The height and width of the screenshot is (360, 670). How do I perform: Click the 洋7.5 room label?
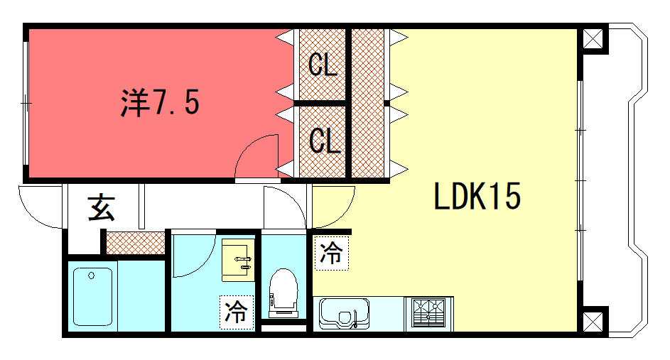tap(161, 102)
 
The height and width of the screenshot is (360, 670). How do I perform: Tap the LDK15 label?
tap(477, 196)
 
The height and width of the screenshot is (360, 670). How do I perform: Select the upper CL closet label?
tap(323, 65)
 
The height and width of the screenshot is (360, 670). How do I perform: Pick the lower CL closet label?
tap(324, 141)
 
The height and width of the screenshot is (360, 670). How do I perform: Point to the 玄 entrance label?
tap(102, 207)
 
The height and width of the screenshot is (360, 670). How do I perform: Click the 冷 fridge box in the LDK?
tap(332, 253)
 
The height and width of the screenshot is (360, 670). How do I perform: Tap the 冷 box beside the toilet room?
tap(237, 312)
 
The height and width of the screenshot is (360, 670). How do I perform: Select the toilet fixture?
tap(283, 293)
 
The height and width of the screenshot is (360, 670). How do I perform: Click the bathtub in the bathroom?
tap(92, 296)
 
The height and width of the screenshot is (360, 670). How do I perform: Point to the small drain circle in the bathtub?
tap(91, 276)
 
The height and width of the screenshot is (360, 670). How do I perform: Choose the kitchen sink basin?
tap(345, 314)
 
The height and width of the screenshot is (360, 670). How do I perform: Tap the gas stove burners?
tap(428, 313)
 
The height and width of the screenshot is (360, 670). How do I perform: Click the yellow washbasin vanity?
tap(238, 260)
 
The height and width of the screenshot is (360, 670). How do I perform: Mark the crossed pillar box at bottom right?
tap(593, 322)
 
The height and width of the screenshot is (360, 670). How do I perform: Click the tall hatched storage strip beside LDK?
tap(367, 103)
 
